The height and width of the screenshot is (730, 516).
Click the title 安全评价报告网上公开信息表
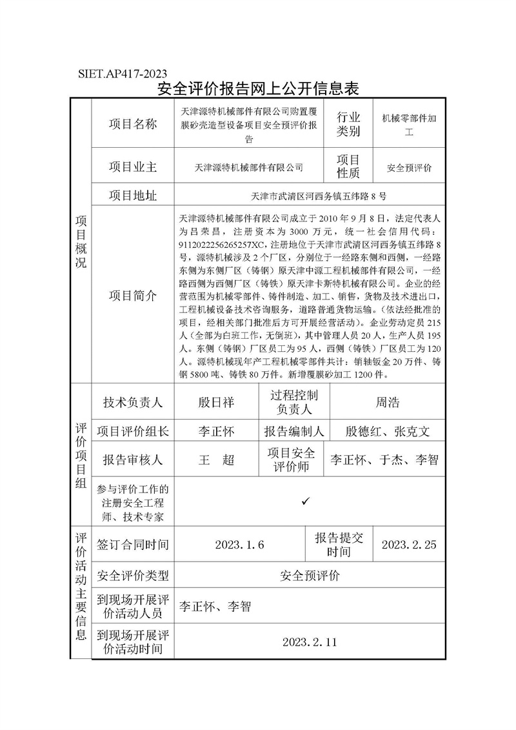pos(258,88)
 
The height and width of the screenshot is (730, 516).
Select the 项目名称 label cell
pos(132,124)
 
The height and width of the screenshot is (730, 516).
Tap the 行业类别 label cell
pos(348,124)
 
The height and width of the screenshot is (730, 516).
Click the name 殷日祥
pos(216,402)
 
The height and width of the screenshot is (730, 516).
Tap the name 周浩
pos(387,402)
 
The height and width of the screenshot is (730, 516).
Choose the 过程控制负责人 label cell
pos(293,402)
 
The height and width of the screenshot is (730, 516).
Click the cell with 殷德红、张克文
pos(387,431)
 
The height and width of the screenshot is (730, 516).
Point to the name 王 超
pos(216,460)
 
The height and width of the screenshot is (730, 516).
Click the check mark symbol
pos(306,501)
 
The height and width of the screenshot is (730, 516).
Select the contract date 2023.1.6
pos(239,544)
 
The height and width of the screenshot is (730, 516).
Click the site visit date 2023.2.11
pos(310,642)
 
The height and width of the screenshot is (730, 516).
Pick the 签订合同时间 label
pos(132,544)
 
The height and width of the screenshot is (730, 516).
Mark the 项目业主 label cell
pos(132,167)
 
